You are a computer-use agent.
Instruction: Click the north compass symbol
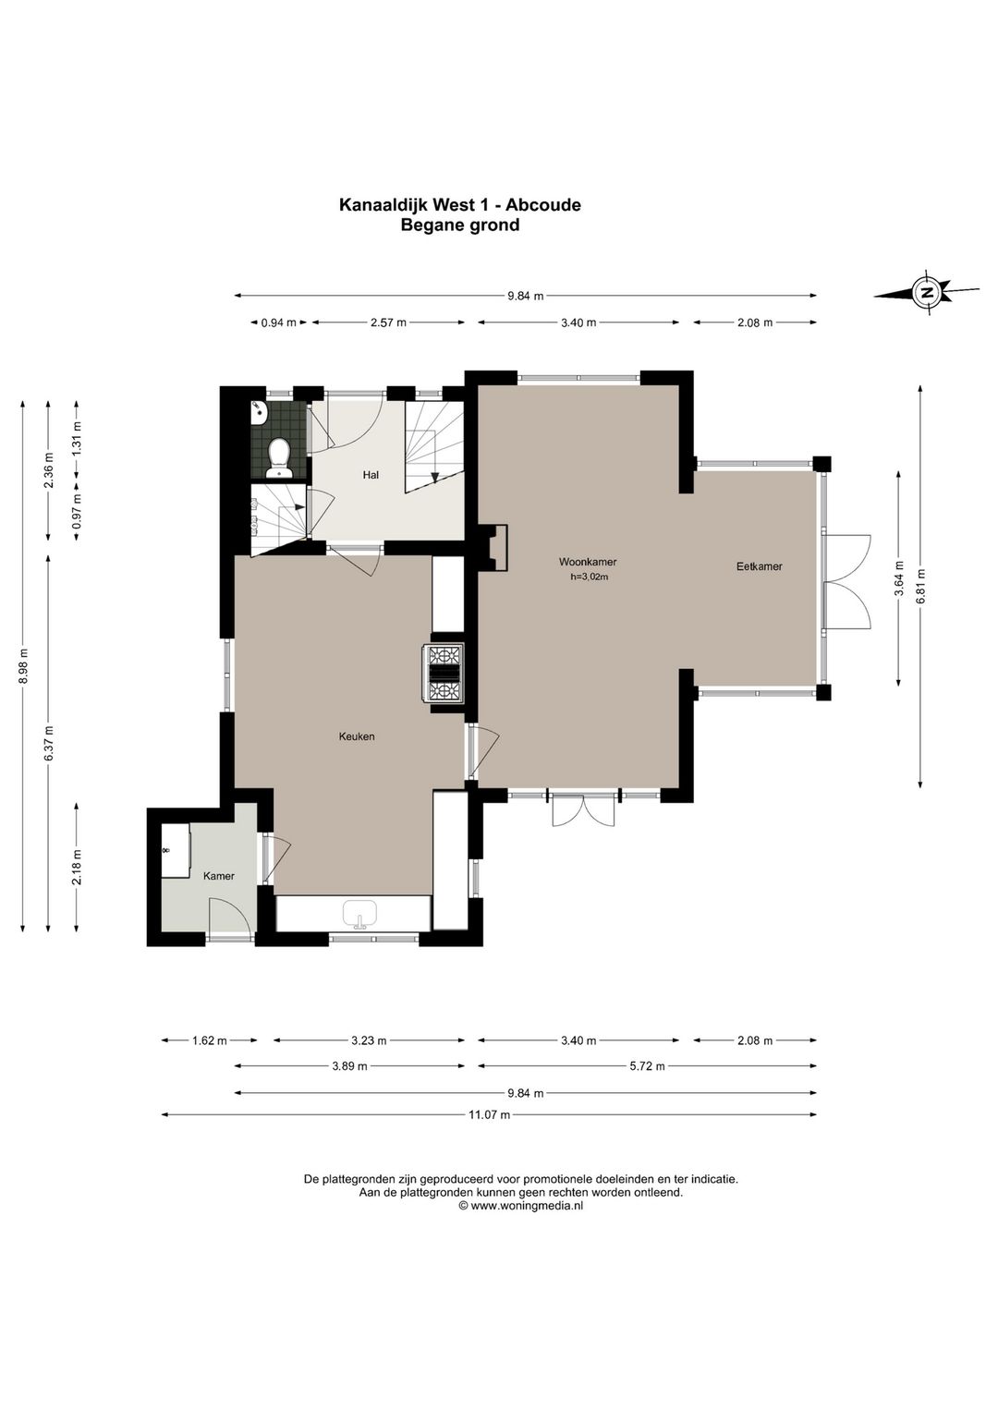[x=926, y=292]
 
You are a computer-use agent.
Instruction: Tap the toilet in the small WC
[x=278, y=457]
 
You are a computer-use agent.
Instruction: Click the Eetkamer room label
[x=760, y=566]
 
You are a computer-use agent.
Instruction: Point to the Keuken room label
[x=357, y=735]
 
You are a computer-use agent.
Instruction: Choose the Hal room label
[x=371, y=475]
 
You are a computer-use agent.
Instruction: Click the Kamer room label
[x=218, y=876]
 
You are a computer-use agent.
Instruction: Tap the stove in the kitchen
[x=446, y=674]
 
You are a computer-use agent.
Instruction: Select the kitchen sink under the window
[x=359, y=914]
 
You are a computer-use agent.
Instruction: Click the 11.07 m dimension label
[x=489, y=1132]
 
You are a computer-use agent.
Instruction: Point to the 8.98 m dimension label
[x=23, y=666]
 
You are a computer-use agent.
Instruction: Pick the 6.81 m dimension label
[x=920, y=586]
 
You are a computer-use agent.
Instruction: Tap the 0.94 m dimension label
[x=278, y=322]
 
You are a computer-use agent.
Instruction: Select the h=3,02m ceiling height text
[x=589, y=577]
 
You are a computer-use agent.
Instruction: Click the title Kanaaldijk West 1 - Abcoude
[x=459, y=204]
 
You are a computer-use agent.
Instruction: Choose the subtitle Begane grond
[x=459, y=225]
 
